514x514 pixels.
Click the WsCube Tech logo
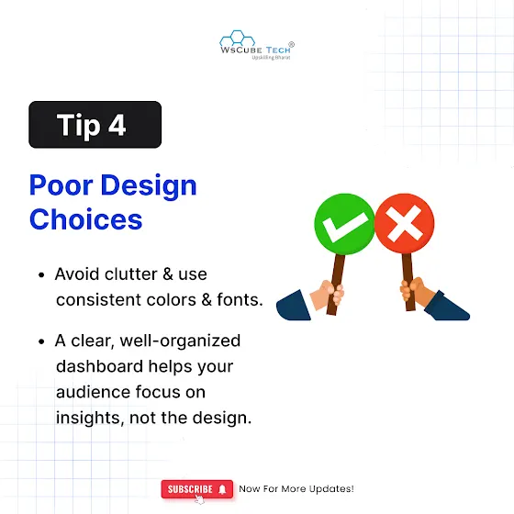[x=257, y=45]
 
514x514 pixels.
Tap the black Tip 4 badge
[x=95, y=125]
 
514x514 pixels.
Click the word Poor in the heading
[x=61, y=185]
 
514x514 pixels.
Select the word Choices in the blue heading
[x=86, y=219]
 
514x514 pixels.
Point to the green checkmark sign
[x=344, y=224]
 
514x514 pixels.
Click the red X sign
[x=404, y=224]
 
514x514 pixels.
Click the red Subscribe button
[x=197, y=489]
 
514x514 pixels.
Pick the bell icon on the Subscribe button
[x=222, y=489]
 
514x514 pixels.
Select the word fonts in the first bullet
[x=240, y=299]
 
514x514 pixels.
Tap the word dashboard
[x=100, y=366]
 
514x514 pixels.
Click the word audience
[x=93, y=392]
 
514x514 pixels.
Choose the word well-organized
[x=180, y=341]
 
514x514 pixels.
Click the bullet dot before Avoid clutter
[x=41, y=274]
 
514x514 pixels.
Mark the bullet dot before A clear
[x=41, y=341]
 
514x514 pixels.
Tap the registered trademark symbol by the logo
[x=291, y=44]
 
